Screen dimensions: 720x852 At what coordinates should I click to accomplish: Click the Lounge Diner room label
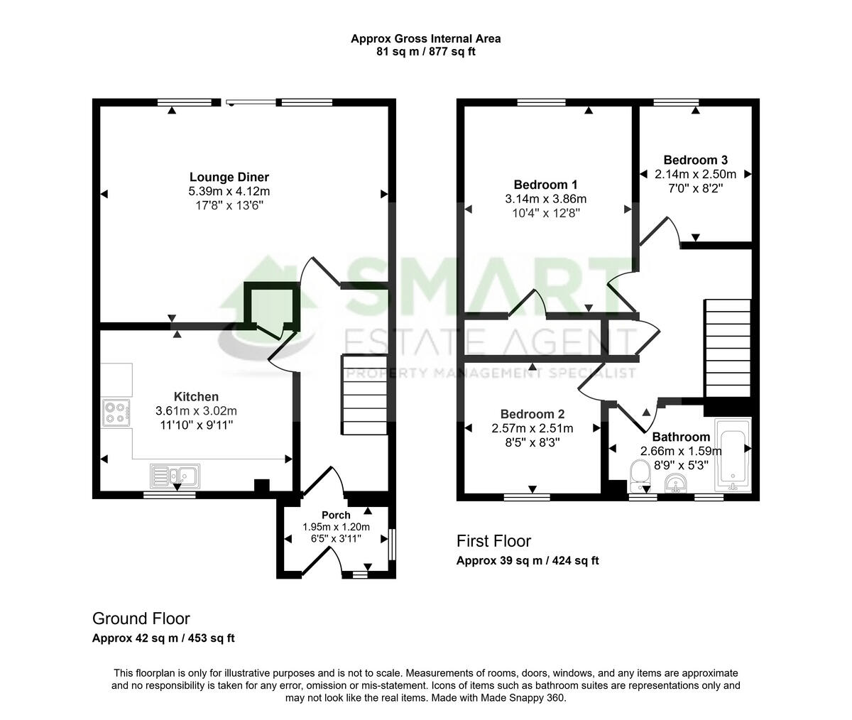point(229,178)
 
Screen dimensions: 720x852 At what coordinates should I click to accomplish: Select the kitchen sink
point(175,474)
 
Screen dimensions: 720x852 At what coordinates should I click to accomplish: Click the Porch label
point(336,515)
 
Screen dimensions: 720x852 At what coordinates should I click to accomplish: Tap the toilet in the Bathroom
point(640,474)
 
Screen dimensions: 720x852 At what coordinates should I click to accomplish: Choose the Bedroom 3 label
point(695,160)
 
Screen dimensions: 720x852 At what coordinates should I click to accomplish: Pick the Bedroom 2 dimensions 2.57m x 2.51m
point(532,428)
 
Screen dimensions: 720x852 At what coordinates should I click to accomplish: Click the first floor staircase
point(727,348)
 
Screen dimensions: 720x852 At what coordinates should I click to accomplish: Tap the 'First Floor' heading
point(493,541)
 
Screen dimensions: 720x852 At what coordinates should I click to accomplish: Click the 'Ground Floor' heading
point(141,618)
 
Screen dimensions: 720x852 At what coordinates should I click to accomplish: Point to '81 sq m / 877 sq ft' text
point(425,51)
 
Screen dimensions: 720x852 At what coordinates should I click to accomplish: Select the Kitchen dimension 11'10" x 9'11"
point(196,425)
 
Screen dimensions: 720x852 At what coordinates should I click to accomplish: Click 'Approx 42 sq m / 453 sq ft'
point(163,638)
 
